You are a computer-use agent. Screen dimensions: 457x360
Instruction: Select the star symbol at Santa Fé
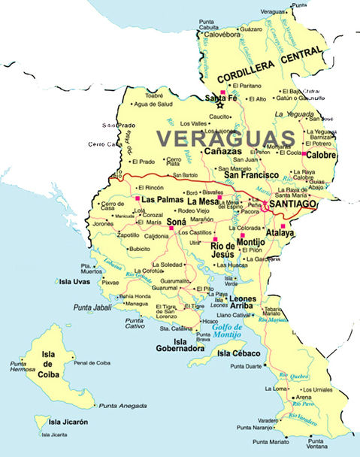coord(220,105)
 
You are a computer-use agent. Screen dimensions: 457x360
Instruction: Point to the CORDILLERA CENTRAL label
coord(274,65)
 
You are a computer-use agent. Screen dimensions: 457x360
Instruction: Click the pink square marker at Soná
coord(171,228)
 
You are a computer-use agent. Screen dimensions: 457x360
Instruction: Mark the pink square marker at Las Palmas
coord(138,199)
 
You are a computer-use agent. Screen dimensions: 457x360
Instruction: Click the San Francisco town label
coord(248,175)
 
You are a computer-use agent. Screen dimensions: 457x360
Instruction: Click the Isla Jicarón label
coord(65,422)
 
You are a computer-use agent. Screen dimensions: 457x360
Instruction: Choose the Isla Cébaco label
coord(238,353)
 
